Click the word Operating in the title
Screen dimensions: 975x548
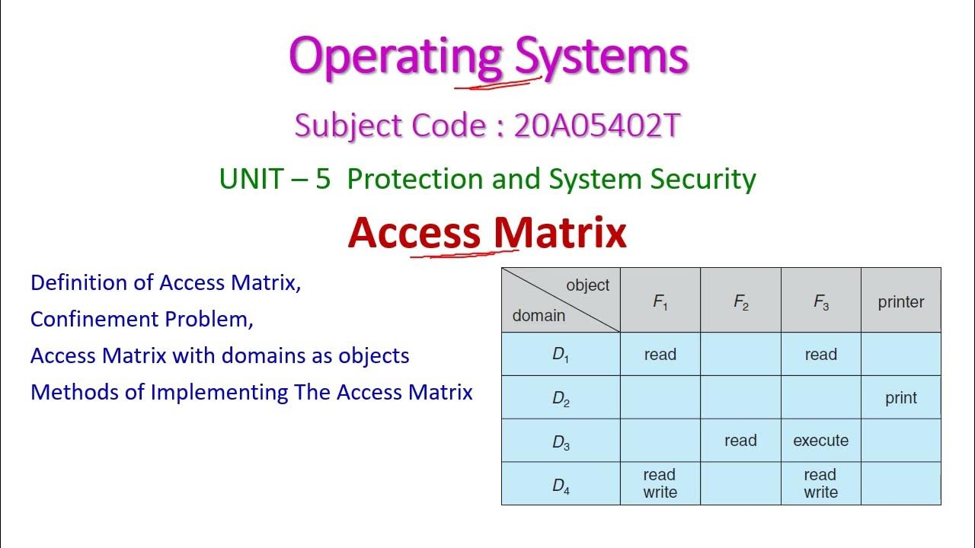click(x=395, y=56)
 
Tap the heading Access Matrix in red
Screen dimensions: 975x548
click(x=487, y=233)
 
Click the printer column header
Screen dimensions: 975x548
click(x=900, y=301)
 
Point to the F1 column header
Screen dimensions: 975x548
click(x=660, y=301)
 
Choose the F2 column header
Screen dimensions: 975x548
click(x=740, y=301)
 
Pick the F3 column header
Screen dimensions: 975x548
click(x=820, y=301)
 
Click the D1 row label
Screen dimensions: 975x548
click(x=561, y=355)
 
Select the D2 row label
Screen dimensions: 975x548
click(x=561, y=398)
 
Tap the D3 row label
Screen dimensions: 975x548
click(x=561, y=441)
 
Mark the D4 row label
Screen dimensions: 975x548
click(x=561, y=485)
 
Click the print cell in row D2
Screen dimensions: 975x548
click(x=900, y=397)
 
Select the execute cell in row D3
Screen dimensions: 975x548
click(x=820, y=441)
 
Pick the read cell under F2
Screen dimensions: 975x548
click(x=740, y=441)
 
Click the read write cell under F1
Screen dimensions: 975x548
click(x=660, y=483)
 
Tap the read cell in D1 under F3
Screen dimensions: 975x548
click(x=820, y=355)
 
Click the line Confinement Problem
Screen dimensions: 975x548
click(x=142, y=319)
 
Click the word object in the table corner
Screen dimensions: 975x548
click(x=587, y=285)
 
